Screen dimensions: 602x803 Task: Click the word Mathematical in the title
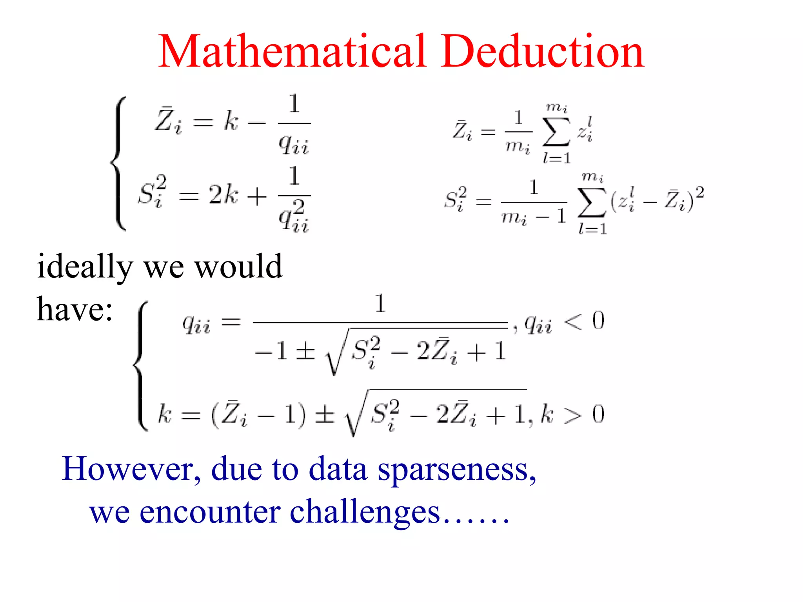(292, 52)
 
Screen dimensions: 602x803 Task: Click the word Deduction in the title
(543, 52)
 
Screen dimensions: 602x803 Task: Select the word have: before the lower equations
(74, 310)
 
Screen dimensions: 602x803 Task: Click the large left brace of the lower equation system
(141, 366)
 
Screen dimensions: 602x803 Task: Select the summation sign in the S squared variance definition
(592, 202)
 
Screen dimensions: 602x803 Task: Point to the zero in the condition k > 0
(598, 415)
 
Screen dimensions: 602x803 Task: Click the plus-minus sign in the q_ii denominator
(305, 351)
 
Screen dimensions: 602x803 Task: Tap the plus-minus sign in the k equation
(325, 415)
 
